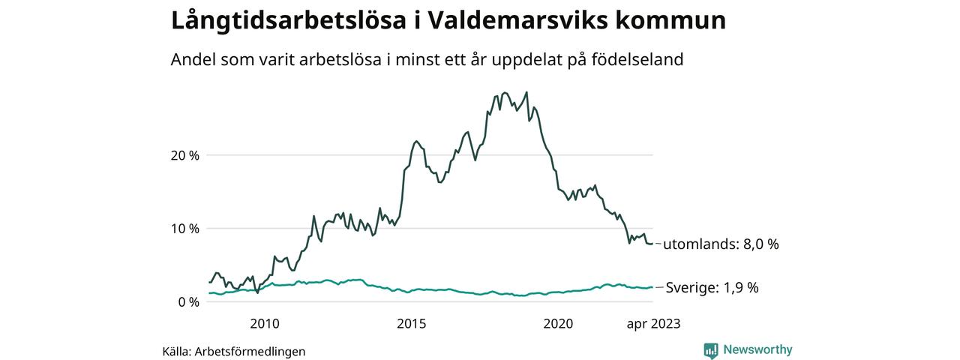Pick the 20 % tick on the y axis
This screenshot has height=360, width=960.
184,155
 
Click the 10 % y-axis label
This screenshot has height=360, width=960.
184,229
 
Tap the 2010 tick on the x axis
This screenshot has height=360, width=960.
265,324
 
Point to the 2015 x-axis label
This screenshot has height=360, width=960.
411,324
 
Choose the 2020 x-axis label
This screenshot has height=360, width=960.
558,324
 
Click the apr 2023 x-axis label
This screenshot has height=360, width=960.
653,324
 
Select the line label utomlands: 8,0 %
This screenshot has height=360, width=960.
721,244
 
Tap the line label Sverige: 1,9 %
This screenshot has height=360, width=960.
712,287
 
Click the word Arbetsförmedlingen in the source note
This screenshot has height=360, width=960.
250,351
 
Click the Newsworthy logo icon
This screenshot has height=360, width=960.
711,350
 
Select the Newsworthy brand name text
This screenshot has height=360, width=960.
757,349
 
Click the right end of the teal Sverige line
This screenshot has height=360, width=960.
652,287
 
